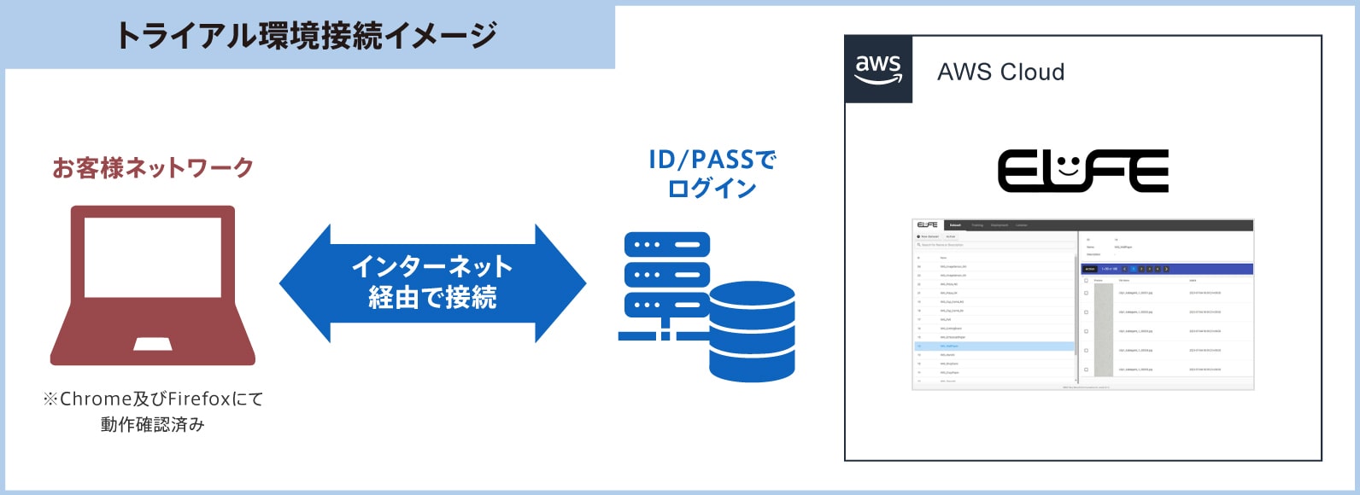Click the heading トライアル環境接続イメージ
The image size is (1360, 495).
tap(306, 36)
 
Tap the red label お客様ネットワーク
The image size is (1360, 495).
tap(153, 167)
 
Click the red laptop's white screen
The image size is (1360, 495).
tap(153, 257)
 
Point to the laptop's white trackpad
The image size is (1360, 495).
tap(153, 344)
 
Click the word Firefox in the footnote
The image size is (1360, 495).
tap(199, 399)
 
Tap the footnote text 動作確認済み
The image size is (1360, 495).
tap(153, 424)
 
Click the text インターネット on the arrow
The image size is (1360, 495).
tap(432, 266)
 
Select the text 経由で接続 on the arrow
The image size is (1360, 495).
tap(432, 297)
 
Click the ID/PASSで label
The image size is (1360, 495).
tap(712, 160)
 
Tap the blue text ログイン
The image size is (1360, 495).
tap(712, 188)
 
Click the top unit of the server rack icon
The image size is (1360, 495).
tap(667, 245)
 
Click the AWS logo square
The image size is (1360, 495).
tap(879, 69)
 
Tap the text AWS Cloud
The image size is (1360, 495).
tap(1001, 73)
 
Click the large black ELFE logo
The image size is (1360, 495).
tap(1083, 171)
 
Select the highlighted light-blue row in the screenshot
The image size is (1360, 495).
tap(994, 346)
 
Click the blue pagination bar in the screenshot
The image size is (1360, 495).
tap(1167, 269)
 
